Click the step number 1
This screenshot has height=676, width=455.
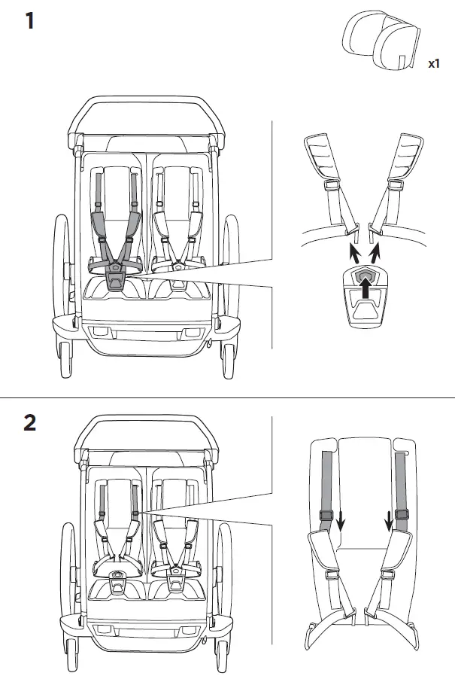(x=30, y=20)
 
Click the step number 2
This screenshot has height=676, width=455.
(x=30, y=422)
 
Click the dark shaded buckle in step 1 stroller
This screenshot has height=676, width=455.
(x=115, y=281)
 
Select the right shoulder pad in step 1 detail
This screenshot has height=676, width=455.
(x=409, y=160)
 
